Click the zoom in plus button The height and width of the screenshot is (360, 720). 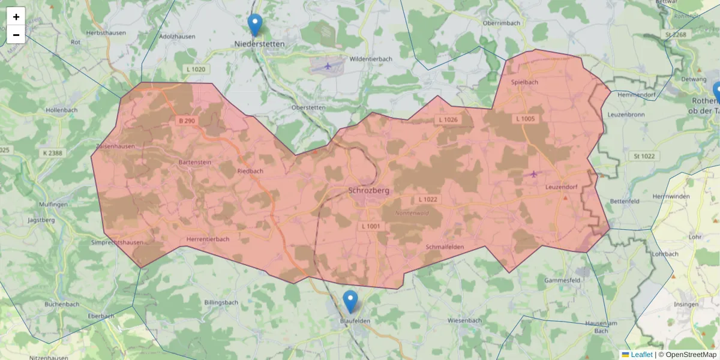point(16,17)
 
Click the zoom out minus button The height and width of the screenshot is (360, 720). point(16,35)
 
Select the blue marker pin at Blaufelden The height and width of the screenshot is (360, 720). point(350,301)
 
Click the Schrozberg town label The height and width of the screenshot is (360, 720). point(369,190)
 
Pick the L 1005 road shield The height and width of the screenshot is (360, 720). point(525,119)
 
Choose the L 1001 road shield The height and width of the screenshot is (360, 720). point(371,226)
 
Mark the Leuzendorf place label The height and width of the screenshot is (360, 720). point(561,187)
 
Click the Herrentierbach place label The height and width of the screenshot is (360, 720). point(208,239)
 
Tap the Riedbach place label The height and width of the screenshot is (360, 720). point(250,171)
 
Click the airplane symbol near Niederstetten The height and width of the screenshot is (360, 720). point(328,65)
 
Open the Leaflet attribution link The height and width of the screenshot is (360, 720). point(641,355)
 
